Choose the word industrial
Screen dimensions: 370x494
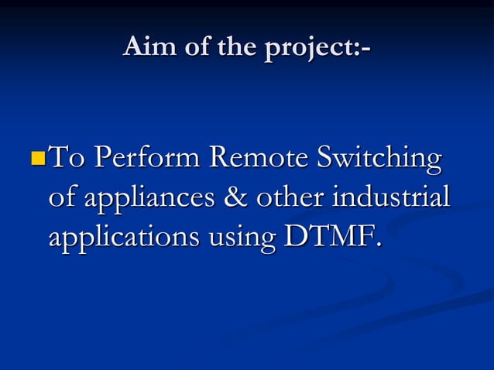point(389,197)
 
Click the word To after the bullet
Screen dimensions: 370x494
point(67,160)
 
